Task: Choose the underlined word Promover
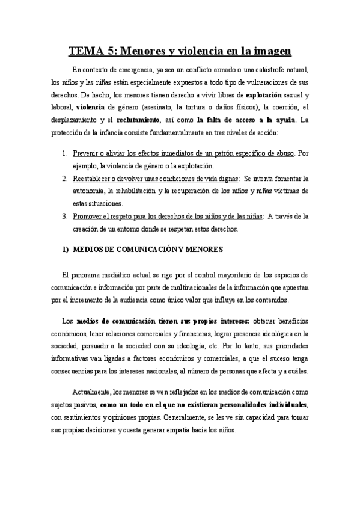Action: (x=89, y=217)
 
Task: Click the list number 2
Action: (x=64, y=179)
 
